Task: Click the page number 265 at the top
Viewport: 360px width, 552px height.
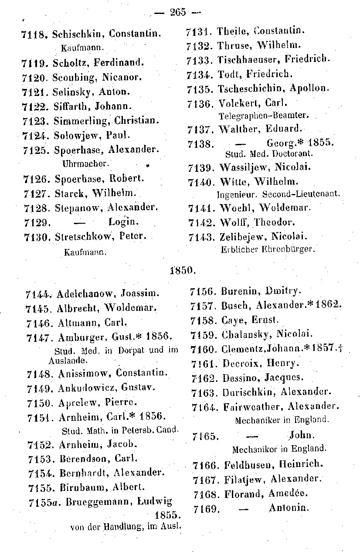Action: click(x=178, y=12)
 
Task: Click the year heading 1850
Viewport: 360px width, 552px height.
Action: click(x=180, y=270)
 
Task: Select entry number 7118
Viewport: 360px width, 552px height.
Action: click(x=34, y=34)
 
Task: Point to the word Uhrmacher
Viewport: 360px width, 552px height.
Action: click(x=85, y=164)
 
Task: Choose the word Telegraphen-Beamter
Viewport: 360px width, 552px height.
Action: click(x=263, y=116)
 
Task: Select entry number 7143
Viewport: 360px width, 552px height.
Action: click(x=200, y=237)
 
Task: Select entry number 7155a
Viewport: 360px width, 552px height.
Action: click(x=43, y=502)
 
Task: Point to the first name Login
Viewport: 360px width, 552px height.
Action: click(x=123, y=222)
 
